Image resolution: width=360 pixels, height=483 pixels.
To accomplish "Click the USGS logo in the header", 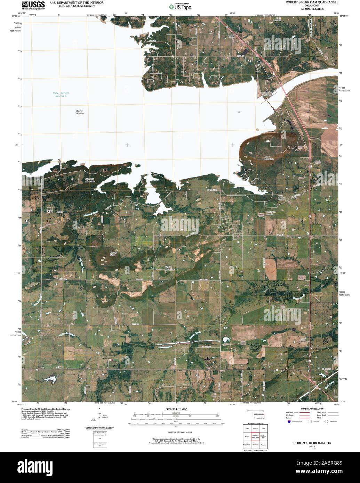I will click(33, 5).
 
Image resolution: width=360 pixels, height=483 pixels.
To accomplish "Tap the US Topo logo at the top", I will click(180, 6).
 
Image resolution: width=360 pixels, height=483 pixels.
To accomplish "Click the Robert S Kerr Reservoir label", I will click(59, 94).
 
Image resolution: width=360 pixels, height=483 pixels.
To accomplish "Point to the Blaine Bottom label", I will click(80, 112).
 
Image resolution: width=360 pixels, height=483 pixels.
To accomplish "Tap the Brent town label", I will click(230, 36).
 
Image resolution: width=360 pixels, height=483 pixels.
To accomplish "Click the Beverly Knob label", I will click(105, 254).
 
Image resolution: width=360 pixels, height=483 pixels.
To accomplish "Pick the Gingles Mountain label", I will click(169, 268).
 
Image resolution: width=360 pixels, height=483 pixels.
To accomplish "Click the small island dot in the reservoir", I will click(239, 112).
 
